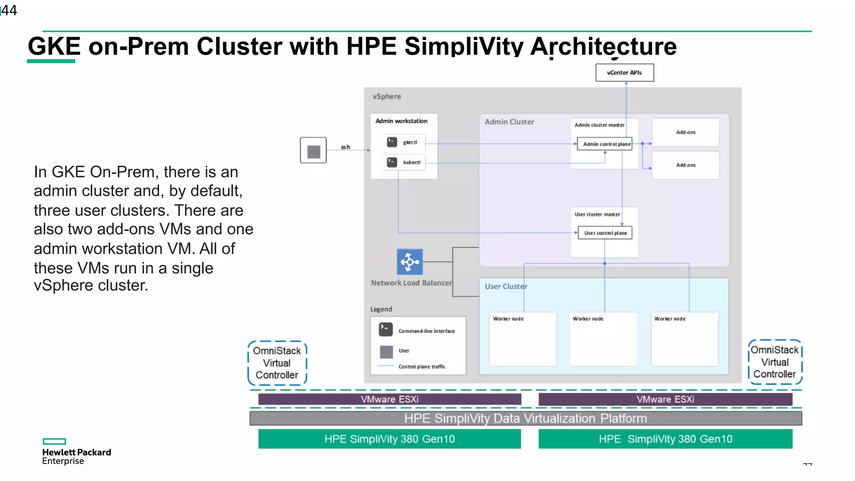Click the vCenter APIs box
click(625, 73)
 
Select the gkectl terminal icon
click(392, 142)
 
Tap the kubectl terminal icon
click(392, 162)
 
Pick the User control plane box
click(605, 233)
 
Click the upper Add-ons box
click(686, 132)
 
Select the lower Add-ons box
click(686, 165)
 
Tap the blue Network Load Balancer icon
click(410, 262)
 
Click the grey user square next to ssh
click(314, 150)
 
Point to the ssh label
click(345, 147)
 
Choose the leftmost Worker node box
click(523, 339)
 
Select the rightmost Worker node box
click(685, 339)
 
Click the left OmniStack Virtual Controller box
click(277, 363)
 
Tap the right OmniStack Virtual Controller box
click(775, 362)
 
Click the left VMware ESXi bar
click(390, 399)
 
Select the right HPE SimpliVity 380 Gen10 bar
click(665, 439)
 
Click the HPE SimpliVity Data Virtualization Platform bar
click(525, 418)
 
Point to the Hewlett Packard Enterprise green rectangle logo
click(54, 441)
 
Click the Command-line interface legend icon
click(386, 329)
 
